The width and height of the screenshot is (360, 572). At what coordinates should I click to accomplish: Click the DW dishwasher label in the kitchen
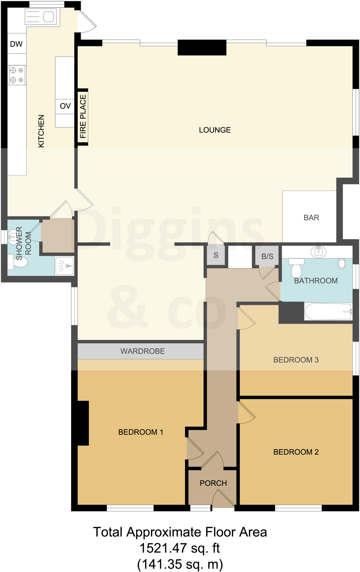coord(16,44)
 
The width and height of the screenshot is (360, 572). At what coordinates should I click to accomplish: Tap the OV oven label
coord(65,106)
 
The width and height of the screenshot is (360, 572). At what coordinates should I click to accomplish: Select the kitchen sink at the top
coord(42,17)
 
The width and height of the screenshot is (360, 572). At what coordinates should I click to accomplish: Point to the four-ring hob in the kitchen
coord(16,75)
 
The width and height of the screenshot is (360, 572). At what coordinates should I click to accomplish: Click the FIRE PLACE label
coord(83,116)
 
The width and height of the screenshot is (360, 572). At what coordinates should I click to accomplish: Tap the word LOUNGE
coord(215,130)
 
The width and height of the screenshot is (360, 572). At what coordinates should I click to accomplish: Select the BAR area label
coord(311,218)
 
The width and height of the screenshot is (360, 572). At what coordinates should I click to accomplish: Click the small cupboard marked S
coord(216,255)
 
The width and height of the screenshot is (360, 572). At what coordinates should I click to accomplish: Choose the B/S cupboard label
coord(267,256)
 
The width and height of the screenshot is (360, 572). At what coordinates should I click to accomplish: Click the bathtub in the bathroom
coord(328,311)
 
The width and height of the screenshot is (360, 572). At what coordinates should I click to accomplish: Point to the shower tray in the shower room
coord(65,266)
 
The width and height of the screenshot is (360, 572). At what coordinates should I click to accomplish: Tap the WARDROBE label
coord(143,351)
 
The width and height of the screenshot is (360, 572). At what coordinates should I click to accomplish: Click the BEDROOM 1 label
coord(141,432)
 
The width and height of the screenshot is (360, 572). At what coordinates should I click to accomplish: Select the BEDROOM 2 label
coord(296,452)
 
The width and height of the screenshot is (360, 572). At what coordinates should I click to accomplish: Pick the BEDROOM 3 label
coord(296,360)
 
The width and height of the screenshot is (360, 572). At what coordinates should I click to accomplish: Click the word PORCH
coord(213,483)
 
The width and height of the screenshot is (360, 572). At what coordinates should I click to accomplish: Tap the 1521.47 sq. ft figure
coord(179,548)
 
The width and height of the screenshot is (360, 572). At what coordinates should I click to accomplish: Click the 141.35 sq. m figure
coord(180,564)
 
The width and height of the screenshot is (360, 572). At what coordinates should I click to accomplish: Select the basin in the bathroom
coord(318,252)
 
